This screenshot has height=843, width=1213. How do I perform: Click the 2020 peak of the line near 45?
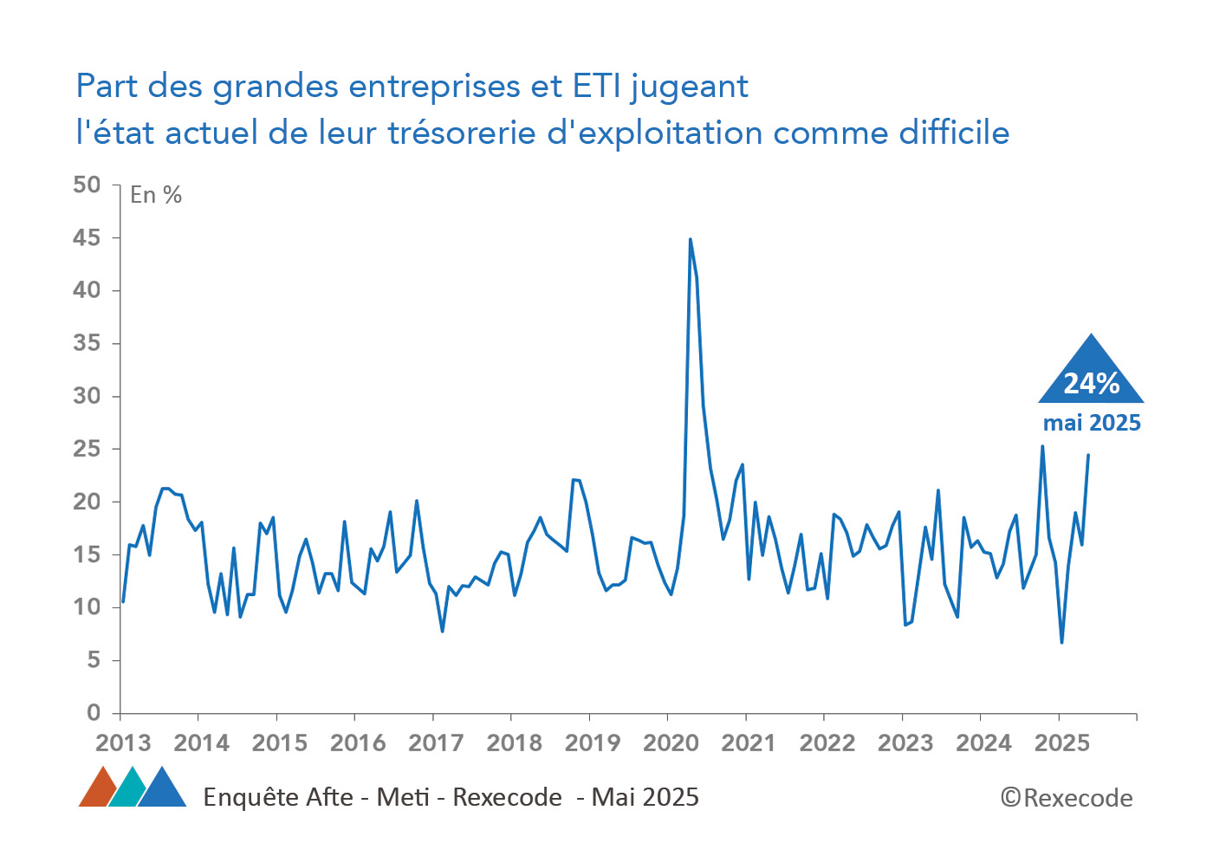[690, 239]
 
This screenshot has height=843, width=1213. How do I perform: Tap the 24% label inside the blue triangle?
[1092, 383]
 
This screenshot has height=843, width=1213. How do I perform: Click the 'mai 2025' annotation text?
[1092, 423]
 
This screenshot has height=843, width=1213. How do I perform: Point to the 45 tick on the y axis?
[87, 237]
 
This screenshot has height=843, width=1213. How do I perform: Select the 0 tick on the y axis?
[94, 713]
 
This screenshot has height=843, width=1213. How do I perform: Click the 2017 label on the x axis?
[436, 743]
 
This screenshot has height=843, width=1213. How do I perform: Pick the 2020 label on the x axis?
[671, 743]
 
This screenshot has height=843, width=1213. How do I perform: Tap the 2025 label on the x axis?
[1062, 743]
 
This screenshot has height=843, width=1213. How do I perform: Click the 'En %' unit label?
[156, 195]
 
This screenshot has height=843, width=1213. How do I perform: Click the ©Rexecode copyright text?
[1067, 798]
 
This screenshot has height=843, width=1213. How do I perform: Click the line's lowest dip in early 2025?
[1061, 642]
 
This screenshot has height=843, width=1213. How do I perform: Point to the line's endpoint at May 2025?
[1088, 455]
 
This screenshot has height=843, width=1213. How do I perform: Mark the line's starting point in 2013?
[123, 601]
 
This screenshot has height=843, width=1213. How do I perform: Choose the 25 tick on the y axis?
[87, 449]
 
